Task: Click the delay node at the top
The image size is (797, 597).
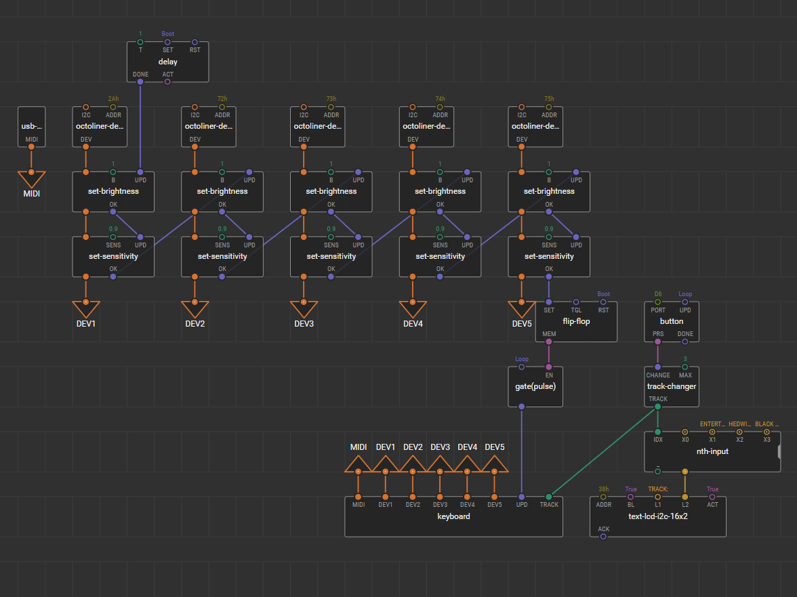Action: click(x=167, y=62)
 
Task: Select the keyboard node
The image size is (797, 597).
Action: click(x=453, y=516)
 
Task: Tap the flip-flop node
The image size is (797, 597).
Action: click(x=576, y=321)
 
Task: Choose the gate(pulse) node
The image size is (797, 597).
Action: click(x=535, y=386)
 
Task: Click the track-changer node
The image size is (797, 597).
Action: click(x=671, y=386)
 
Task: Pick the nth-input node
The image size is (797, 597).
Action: click(x=712, y=451)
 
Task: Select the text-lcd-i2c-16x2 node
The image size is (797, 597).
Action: click(x=657, y=516)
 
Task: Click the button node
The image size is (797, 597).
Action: click(x=671, y=321)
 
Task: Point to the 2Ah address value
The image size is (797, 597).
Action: click(x=113, y=99)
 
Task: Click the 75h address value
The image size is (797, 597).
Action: click(x=549, y=99)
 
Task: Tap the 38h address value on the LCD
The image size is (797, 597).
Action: click(x=603, y=489)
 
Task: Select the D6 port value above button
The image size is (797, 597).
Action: click(x=657, y=294)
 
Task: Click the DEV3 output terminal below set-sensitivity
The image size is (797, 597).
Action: click(x=304, y=309)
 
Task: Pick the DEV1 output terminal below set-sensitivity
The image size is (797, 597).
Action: click(x=86, y=309)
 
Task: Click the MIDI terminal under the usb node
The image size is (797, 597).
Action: click(x=31, y=179)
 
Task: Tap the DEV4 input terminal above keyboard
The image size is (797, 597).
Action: click(x=467, y=465)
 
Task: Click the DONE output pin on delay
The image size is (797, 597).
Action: click(x=140, y=82)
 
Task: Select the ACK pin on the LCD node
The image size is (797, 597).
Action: click(x=603, y=536)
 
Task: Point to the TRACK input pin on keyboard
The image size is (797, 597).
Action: click(x=549, y=497)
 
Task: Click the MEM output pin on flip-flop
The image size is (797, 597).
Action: click(x=549, y=341)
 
